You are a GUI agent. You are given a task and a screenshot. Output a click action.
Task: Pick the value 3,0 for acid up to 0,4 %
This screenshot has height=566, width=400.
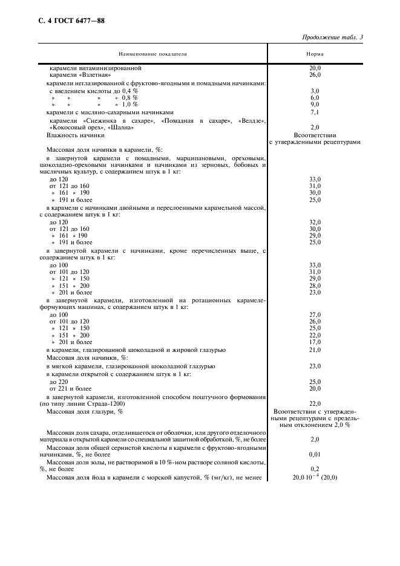pos(315,90)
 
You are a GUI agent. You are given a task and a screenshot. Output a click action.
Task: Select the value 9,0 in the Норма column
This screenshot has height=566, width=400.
pos(315,105)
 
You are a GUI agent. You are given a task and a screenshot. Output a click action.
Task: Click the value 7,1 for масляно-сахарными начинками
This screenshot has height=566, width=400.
pos(315,112)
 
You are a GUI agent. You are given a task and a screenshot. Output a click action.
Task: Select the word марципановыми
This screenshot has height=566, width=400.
pos(170,157)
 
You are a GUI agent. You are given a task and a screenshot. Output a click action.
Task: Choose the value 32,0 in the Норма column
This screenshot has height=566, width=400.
pos(315,222)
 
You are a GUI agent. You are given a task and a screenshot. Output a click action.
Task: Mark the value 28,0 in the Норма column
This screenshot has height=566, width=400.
pos(315,285)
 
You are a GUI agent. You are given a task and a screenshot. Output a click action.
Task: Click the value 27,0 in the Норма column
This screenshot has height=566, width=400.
pos(315,315)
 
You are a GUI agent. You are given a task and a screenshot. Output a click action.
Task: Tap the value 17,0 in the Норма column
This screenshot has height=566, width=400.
pos(315,342)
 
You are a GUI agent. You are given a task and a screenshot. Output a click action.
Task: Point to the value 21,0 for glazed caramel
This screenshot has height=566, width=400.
pos(315,350)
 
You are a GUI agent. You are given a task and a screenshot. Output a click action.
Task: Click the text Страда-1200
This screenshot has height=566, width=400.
pos(107,403)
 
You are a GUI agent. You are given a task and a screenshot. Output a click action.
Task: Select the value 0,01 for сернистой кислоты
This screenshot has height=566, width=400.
pos(315,454)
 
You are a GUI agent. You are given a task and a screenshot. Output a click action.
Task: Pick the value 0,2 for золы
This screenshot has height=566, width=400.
pos(315,469)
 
